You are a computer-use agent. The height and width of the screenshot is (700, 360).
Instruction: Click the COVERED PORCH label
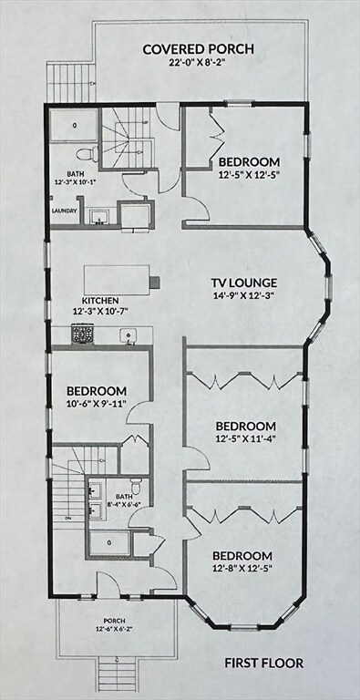(198, 49)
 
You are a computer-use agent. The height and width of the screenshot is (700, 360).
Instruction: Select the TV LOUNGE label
(244, 283)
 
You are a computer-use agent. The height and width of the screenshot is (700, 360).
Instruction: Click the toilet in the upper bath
(85, 153)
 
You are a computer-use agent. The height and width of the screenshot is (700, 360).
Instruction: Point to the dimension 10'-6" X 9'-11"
(95, 404)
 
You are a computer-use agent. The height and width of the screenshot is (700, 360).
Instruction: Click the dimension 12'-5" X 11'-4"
(244, 440)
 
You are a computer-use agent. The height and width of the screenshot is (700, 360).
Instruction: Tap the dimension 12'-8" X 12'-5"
(242, 570)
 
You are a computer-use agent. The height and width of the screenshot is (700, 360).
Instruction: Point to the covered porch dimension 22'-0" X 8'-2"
(198, 64)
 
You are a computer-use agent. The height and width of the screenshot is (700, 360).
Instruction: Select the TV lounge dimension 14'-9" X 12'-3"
(244, 297)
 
